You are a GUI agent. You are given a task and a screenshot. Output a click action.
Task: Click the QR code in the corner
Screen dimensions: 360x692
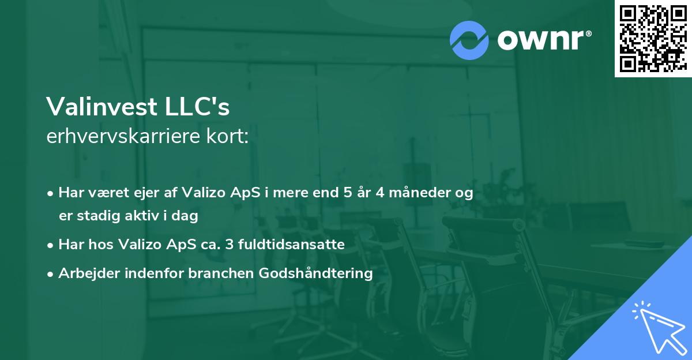pos(652,38)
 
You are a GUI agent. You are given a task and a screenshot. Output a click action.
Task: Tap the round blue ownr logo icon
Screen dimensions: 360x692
pos(469,40)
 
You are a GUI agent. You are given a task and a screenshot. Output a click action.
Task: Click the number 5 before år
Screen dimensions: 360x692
pos(347,193)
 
